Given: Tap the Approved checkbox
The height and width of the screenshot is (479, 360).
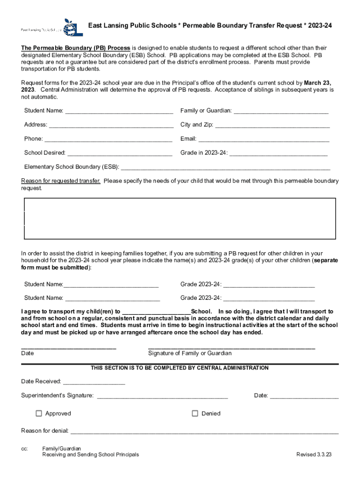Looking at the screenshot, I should pyautogui.click(x=39, y=413).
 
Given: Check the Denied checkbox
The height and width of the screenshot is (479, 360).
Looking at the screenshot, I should pyautogui.click(x=195, y=413).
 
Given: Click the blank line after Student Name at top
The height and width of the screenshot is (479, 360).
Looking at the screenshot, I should pyautogui.click(x=119, y=111).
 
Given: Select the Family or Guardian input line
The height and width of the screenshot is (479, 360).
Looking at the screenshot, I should pyautogui.click(x=281, y=111).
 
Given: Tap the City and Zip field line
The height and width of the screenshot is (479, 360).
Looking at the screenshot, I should pyautogui.click(x=272, y=125).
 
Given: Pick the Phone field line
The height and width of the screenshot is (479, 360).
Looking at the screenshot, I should pyautogui.click(x=108, y=139).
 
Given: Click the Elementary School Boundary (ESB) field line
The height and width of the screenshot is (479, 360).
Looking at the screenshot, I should pyautogui.click(x=225, y=167).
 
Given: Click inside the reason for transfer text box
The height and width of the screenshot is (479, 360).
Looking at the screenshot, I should pyautogui.click(x=180, y=218).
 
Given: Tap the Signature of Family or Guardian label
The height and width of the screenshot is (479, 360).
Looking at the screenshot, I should pyautogui.click(x=190, y=353).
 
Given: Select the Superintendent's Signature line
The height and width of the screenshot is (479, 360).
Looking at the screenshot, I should pyautogui.click(x=162, y=396).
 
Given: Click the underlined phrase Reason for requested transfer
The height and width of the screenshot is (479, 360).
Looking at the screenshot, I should pyautogui.click(x=61, y=181).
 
